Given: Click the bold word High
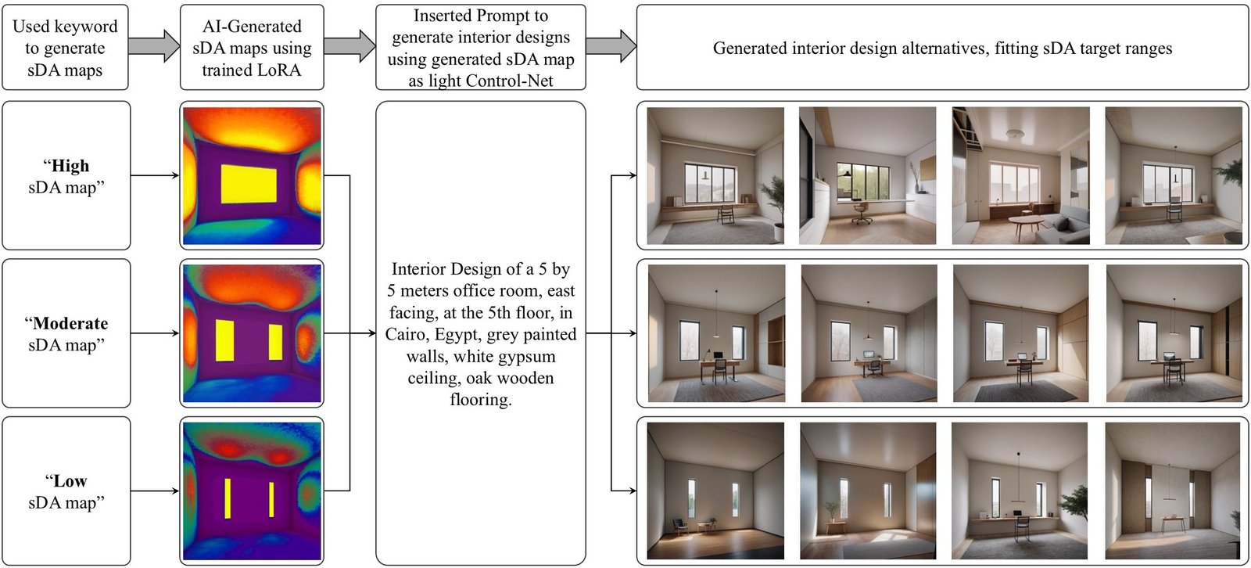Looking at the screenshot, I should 70,166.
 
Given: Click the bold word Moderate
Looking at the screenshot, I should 70,324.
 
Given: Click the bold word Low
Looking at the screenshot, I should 70,481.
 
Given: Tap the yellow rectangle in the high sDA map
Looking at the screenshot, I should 249,184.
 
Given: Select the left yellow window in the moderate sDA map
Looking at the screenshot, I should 224,340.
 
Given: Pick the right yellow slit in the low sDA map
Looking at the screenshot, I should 271,500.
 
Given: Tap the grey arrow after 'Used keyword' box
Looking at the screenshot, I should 153,47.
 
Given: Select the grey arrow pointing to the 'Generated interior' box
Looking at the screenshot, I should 611,47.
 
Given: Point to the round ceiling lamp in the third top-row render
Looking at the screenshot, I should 1015,135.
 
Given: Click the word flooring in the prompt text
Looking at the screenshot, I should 480,400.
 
